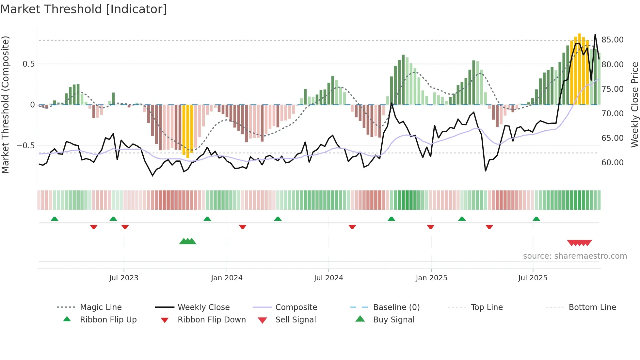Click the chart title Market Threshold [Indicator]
(x=84, y=9)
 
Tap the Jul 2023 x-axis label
(x=124, y=278)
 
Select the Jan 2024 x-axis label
(x=227, y=278)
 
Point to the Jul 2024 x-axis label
(x=328, y=278)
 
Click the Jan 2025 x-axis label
(x=431, y=278)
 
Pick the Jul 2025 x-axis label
(x=533, y=278)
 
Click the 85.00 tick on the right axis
(x=612, y=40)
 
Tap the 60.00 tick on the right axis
(x=612, y=163)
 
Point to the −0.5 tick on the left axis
(x=25, y=146)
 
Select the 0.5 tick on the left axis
(x=28, y=64)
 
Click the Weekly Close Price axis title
(x=634, y=105)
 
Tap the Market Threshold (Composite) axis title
(x=5, y=105)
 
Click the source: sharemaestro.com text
(x=575, y=256)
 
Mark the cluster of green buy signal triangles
(x=188, y=241)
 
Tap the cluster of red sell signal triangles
(x=579, y=243)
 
